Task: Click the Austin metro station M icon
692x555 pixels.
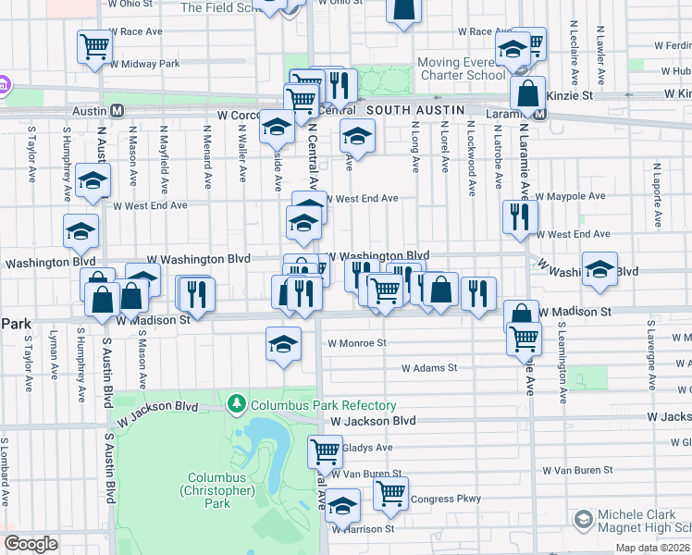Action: coord(117,110)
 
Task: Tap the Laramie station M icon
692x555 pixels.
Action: coord(538,114)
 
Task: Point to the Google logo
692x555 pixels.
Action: coord(31,544)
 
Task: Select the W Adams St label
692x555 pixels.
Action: coord(429,367)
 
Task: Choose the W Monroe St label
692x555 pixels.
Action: coord(356,342)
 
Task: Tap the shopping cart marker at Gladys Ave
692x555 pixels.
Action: coord(325,451)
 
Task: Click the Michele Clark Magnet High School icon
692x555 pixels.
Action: coord(583,519)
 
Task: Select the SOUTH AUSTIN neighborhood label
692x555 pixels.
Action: coord(414,109)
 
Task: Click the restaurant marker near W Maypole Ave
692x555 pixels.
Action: coord(519,216)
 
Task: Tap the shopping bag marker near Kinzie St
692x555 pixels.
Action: coord(526,92)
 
